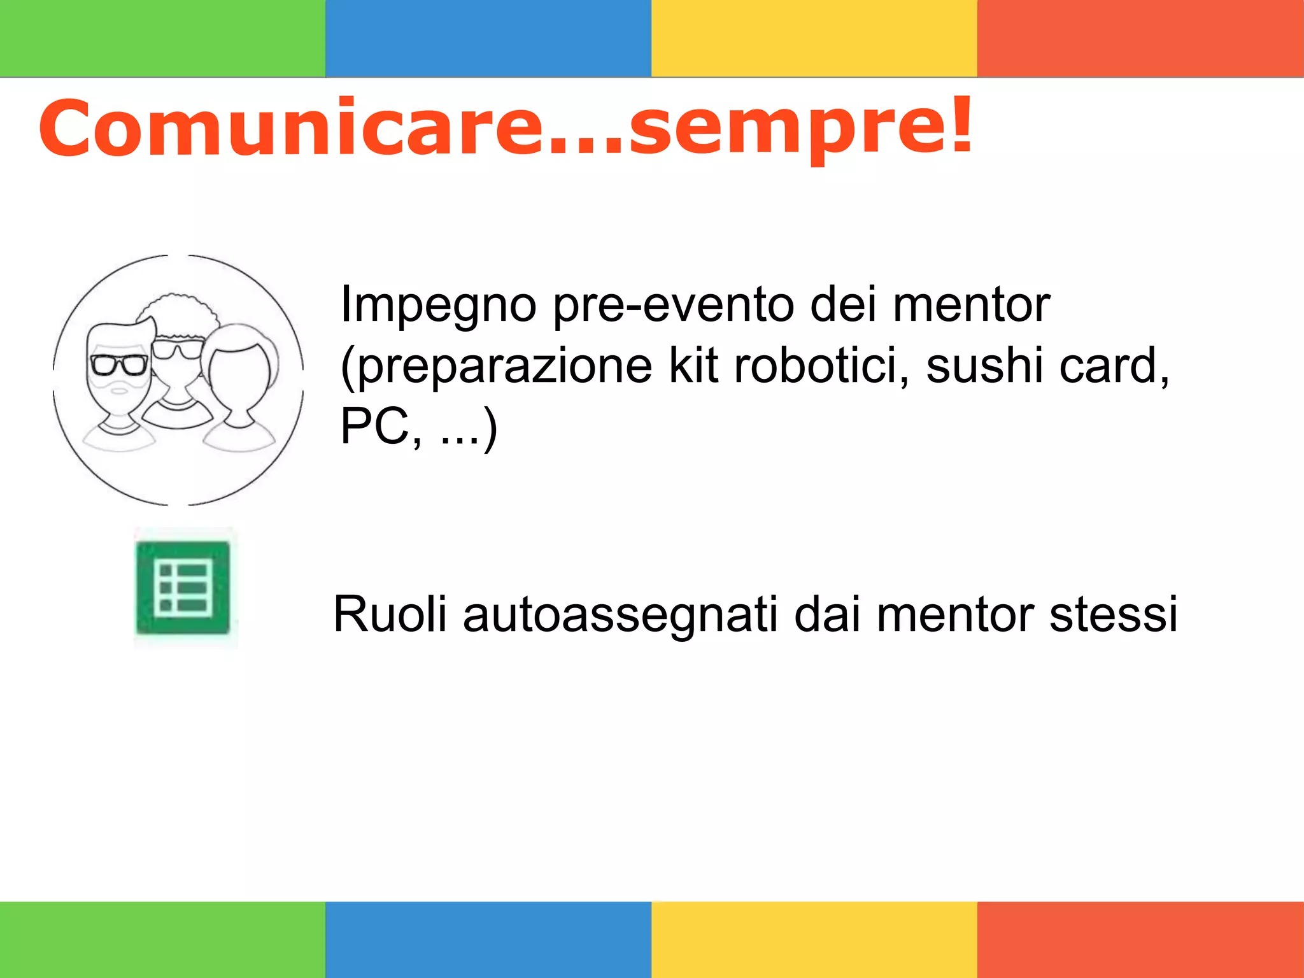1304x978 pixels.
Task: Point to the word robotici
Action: pos(821,366)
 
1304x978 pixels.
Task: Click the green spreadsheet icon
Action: pos(183,588)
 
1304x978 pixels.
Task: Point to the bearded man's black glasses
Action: pos(120,365)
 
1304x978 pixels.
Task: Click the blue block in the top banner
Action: pos(488,38)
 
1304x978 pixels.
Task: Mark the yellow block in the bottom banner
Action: pos(814,940)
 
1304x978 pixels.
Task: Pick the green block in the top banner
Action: pos(162,38)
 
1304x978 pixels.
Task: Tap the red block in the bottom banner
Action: pos(1140,940)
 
